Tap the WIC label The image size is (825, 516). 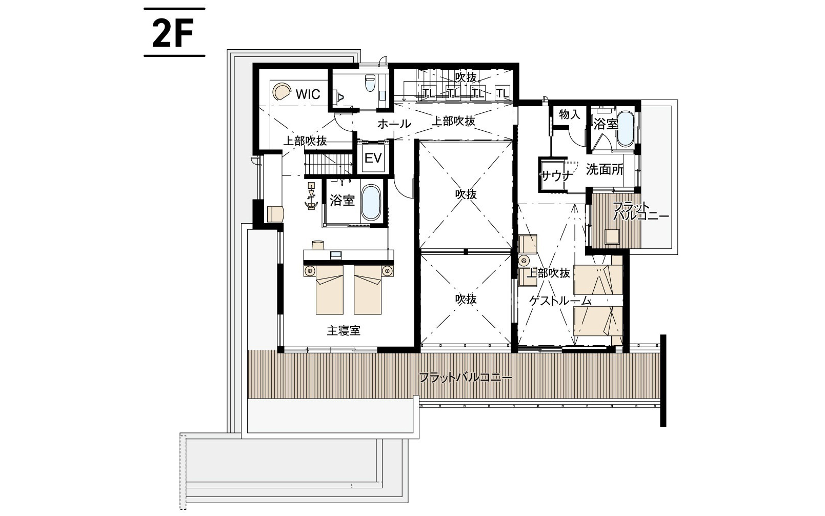pyautogui.click(x=308, y=94)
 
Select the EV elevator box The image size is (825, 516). pyautogui.click(x=373, y=158)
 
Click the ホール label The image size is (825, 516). pyautogui.click(x=394, y=124)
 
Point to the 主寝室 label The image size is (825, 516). pyautogui.click(x=344, y=331)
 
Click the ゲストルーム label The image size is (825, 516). pyautogui.click(x=560, y=302)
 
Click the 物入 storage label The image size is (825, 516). pyautogui.click(x=569, y=114)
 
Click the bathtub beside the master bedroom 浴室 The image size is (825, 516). pyautogui.click(x=370, y=203)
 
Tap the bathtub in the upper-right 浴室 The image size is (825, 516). pyautogui.click(x=626, y=128)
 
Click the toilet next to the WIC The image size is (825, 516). pyautogui.click(x=369, y=83)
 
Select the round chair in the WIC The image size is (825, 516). pyautogui.click(x=281, y=92)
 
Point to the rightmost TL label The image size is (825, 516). pyautogui.click(x=502, y=93)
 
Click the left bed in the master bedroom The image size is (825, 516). pyautogui.click(x=329, y=289)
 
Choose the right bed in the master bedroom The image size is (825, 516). pyautogui.click(x=368, y=289)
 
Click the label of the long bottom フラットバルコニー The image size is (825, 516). pyautogui.click(x=465, y=378)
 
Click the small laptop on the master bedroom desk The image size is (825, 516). pyautogui.click(x=336, y=254)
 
